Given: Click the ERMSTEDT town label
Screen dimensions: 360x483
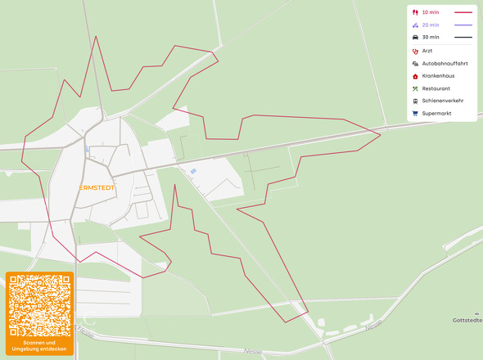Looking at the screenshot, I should click(x=97, y=187).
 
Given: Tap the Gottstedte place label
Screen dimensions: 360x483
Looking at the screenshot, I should click(x=467, y=320).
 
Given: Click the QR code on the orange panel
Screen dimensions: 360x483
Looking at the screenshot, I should click(x=39, y=305).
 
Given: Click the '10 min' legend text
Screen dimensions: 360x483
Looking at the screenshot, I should click(x=430, y=12).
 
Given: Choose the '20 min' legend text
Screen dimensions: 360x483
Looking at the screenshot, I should click(x=430, y=25).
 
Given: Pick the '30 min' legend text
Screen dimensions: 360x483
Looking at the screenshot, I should click(x=430, y=37).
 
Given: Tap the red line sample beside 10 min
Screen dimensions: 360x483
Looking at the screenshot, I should click(x=463, y=12).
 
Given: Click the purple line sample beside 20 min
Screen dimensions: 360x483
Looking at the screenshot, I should click(x=463, y=25).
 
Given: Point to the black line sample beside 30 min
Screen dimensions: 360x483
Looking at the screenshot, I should click(x=463, y=37).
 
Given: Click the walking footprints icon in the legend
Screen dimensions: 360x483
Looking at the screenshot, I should click(x=415, y=12).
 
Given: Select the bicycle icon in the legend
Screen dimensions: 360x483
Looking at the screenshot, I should click(x=415, y=25).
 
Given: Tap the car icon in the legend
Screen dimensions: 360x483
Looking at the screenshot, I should click(x=415, y=37).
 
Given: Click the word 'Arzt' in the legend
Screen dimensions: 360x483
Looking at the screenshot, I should click(x=427, y=51).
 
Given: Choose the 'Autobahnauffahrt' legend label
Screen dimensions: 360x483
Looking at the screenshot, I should click(x=445, y=63).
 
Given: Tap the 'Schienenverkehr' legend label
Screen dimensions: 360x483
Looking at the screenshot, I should click(x=442, y=101).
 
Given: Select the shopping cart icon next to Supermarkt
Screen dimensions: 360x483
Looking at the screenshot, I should click(x=415, y=113).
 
